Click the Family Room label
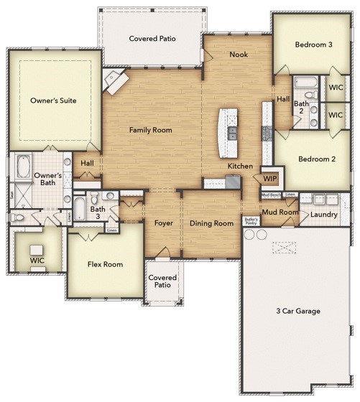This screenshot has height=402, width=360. [150, 130]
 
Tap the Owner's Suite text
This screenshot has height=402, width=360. [53, 101]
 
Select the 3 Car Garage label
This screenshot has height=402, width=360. [297, 311]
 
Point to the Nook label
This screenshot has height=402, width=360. [239, 55]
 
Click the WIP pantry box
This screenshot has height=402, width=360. [270, 178]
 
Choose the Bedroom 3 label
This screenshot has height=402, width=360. [314, 45]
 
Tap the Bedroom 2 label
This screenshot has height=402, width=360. [317, 159]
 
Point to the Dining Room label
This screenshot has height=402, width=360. [211, 223]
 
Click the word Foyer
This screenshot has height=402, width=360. [164, 223]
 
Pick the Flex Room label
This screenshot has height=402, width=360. [104, 264]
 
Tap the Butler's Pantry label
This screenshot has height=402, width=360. [251, 221]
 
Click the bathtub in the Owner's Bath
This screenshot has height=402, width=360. [22, 169]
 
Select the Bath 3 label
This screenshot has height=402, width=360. [97, 212]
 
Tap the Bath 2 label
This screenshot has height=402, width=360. [300, 108]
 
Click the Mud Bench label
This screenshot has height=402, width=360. [271, 195]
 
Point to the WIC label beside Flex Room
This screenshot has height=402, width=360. [37, 259]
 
